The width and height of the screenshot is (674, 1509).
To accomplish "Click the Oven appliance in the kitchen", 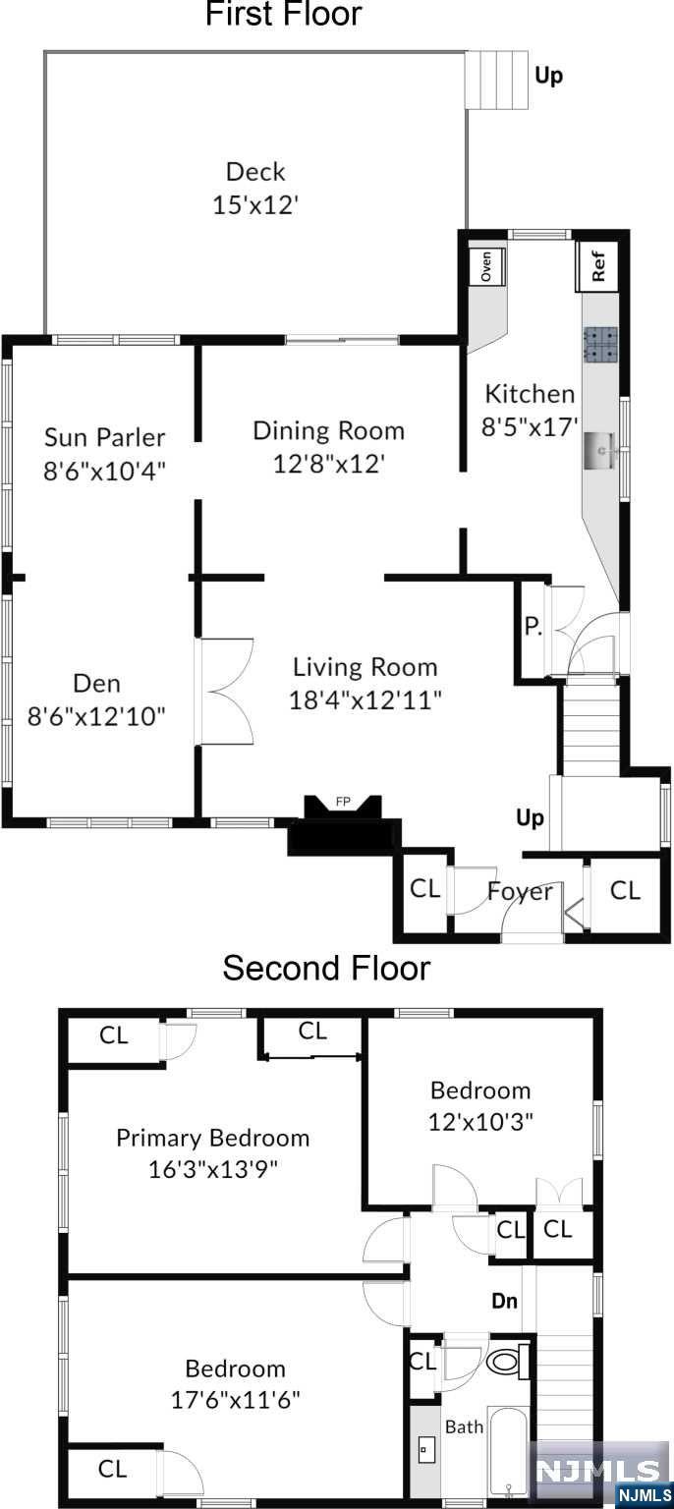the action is [486, 266].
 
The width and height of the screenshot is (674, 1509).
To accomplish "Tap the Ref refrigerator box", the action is [596, 266].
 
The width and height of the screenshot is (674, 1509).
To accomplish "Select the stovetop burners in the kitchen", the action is [600, 345].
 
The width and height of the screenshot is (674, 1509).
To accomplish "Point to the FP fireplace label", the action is [343, 802].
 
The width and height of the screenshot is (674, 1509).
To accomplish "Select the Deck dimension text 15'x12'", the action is [255, 204].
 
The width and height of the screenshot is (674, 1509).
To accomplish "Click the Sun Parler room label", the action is [104, 437].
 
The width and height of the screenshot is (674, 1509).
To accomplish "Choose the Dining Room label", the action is [329, 430].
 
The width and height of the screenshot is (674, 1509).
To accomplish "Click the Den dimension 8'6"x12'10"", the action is [96, 716].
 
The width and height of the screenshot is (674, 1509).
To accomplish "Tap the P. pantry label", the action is [534, 627].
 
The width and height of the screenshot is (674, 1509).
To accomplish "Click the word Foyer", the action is [520, 892].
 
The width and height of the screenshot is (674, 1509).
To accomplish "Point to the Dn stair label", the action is [504, 1300].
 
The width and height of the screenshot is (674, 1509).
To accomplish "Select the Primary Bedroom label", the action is [213, 1138].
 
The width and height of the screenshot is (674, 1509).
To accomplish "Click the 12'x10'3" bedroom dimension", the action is [480, 1122].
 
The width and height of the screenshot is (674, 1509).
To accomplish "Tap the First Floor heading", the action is [283, 14].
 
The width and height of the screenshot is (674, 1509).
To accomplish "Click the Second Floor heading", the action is [326, 968].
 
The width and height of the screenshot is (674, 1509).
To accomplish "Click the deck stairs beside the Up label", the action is [495, 81].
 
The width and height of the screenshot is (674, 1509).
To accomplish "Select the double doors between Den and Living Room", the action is [226, 692].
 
